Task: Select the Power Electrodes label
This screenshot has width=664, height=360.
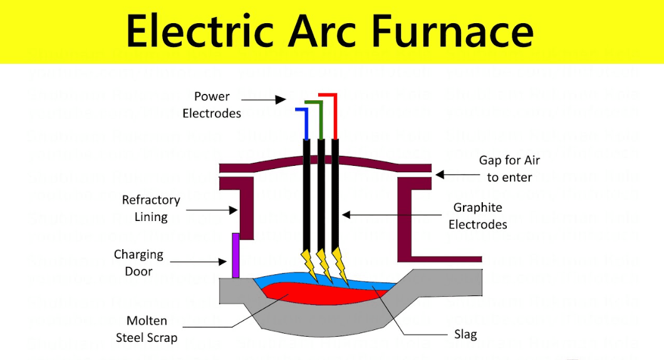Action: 212,105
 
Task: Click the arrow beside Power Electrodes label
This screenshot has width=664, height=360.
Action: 263,98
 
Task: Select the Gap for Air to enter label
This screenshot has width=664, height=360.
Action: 509,168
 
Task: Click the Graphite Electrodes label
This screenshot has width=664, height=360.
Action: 477,215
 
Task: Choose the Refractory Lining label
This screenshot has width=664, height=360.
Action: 151,208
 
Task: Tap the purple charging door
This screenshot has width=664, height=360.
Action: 236,255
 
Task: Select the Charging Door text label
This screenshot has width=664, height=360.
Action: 138,263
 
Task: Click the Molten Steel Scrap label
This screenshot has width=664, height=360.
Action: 147,329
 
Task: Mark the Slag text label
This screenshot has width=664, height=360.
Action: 465,334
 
